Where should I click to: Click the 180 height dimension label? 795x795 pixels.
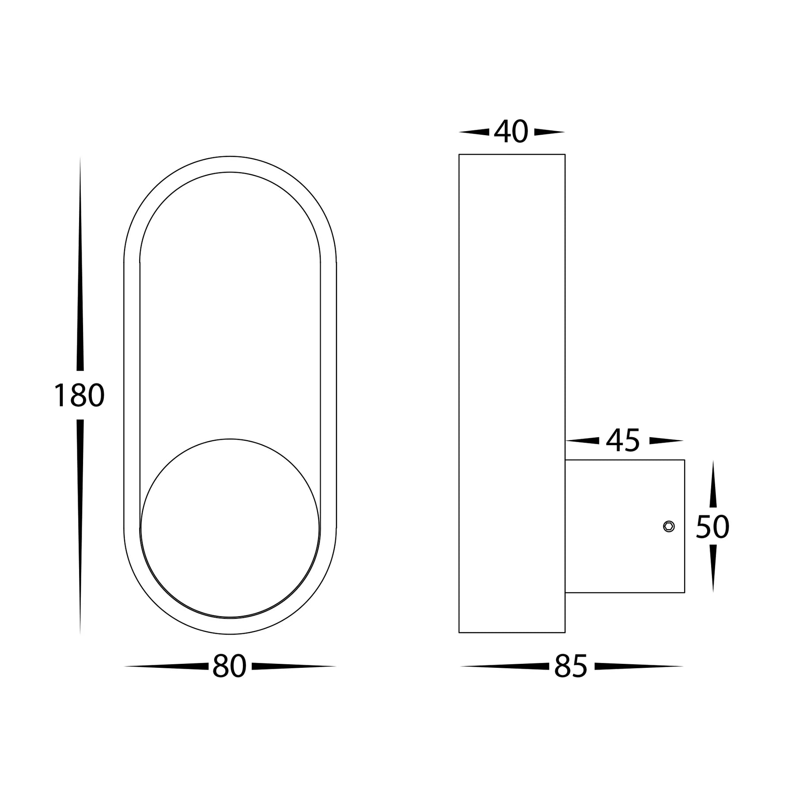79,395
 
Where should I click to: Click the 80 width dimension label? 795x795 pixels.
229,666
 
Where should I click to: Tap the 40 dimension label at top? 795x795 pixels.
511,132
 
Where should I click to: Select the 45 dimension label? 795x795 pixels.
623,441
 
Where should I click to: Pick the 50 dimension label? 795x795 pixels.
712,527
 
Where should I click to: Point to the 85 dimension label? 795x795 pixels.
571,666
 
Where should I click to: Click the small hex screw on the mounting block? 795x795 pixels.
669,526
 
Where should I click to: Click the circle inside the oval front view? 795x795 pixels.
230,528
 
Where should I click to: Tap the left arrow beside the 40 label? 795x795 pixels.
474,132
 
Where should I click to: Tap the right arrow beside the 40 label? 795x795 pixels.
549,132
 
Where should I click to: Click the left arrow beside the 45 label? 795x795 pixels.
583,440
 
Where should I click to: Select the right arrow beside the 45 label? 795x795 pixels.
666,440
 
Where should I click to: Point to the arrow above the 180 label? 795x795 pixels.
80,265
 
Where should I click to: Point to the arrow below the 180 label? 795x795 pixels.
80,526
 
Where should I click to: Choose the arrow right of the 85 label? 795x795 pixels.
638,666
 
